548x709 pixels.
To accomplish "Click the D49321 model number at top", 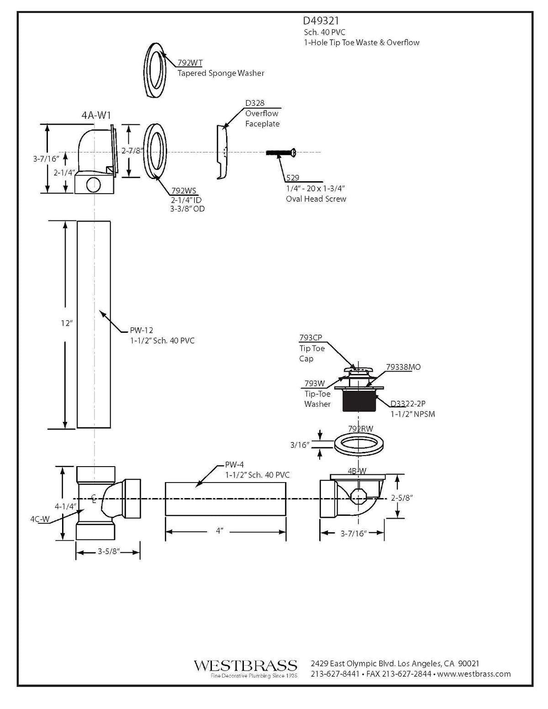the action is coord(321,21).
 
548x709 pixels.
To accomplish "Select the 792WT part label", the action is coord(190,63).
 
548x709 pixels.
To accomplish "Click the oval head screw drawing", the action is coord(281,152).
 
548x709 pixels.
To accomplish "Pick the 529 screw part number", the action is coord(292,178).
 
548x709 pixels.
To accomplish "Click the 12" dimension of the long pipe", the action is coord(67,323).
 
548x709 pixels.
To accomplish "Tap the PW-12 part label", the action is coord(141,330).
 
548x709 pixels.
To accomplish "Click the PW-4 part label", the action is coord(234,465).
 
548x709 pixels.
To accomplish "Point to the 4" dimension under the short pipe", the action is coord(219,531).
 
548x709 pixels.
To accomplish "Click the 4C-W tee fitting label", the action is coord(40,519).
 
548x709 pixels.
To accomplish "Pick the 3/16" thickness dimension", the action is coord(300,445).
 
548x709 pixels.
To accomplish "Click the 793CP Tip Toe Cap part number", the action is coord(311,337).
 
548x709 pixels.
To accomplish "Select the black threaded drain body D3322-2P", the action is coord(359,401).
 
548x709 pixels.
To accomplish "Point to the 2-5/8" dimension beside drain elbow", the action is coord(402,498).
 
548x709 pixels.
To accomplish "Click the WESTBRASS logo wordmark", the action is coord(245,665).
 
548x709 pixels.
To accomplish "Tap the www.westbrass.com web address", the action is coord(474,674).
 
